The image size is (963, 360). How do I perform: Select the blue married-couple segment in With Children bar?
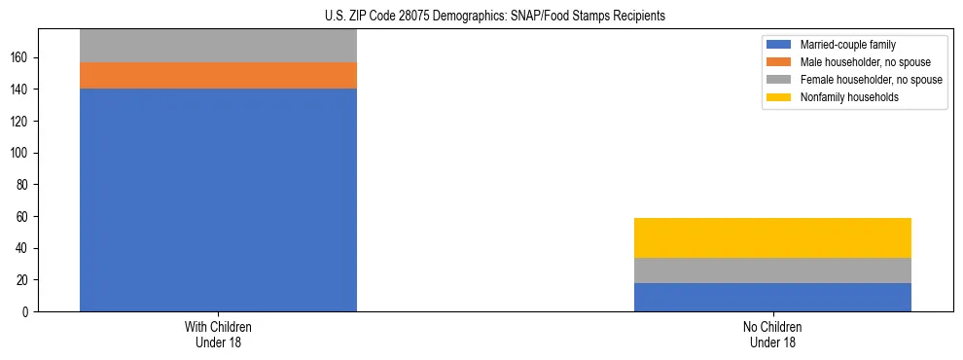[x=218, y=199]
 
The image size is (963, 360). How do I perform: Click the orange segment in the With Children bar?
[x=218, y=76]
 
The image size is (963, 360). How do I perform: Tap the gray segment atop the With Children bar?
[x=218, y=46]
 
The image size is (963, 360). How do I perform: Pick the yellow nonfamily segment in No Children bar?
[x=772, y=237]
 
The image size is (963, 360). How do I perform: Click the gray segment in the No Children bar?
[x=772, y=270]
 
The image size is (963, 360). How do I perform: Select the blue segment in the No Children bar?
[x=772, y=297]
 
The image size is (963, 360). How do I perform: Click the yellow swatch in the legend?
[x=779, y=97]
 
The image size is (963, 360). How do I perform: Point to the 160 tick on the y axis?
[x=21, y=57]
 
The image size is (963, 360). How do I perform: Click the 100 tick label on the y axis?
[x=21, y=153]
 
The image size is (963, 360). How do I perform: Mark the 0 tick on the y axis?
[x=28, y=311]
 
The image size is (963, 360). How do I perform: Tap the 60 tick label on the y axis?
[x=24, y=216]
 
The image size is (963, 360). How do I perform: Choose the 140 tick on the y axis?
[x=21, y=90]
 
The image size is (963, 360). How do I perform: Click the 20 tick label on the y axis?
[x=24, y=280]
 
